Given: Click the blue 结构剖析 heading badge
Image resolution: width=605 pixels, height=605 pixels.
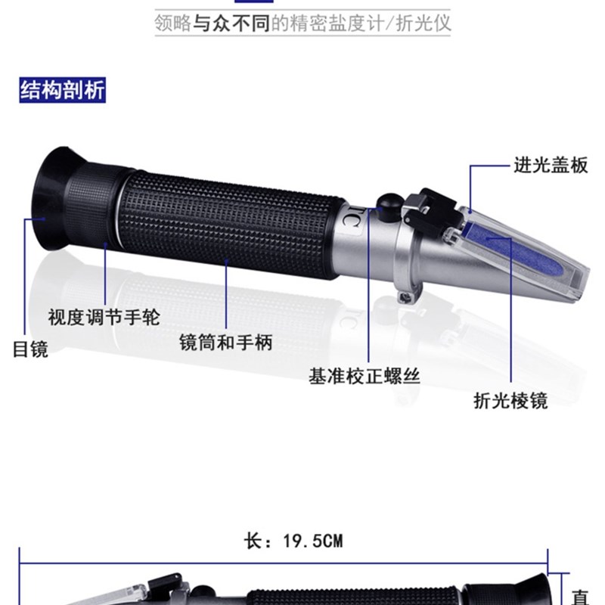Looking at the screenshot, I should (x=63, y=90).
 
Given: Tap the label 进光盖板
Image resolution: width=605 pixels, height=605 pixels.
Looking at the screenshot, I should (x=550, y=165).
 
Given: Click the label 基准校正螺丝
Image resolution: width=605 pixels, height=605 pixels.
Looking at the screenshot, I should (x=364, y=375).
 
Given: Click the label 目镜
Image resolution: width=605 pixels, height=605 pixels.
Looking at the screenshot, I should (x=30, y=349).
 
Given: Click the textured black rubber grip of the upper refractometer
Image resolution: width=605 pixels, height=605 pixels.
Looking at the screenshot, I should (x=227, y=223).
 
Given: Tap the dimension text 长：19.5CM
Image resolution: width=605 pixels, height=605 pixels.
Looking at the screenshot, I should (x=296, y=541).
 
